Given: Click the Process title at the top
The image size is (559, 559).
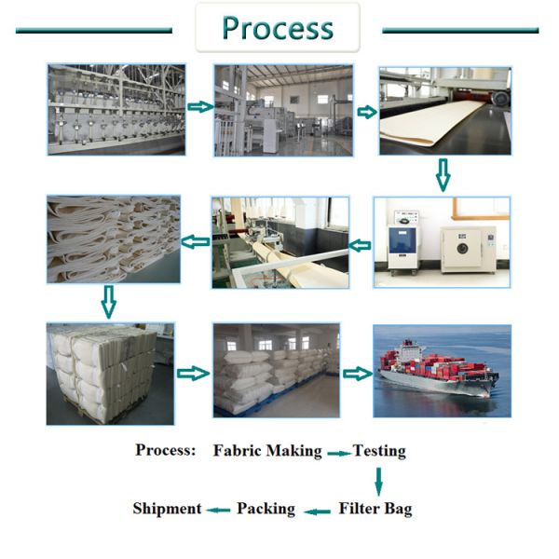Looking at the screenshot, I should pyautogui.click(x=277, y=28).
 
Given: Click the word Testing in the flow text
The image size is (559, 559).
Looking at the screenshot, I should pyautogui.click(x=379, y=451).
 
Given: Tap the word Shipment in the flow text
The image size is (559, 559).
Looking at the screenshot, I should pyautogui.click(x=167, y=509).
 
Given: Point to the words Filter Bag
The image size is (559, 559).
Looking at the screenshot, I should pyautogui.click(x=375, y=509).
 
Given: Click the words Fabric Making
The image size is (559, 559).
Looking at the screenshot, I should pyautogui.click(x=267, y=451).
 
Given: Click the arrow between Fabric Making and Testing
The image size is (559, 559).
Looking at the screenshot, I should pyautogui.click(x=337, y=452).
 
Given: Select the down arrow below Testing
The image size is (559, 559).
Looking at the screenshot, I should pyautogui.click(x=378, y=480).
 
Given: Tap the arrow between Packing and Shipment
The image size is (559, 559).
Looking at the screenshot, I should pyautogui.click(x=218, y=510).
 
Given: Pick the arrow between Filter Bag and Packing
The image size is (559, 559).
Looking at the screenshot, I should pyautogui.click(x=319, y=510).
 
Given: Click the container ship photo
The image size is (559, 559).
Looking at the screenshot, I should pyautogui.click(x=442, y=371).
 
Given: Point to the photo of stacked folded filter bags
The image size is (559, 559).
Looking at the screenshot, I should pyautogui.click(x=112, y=239).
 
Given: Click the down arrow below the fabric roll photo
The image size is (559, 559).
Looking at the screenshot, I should pyautogui.click(x=443, y=173).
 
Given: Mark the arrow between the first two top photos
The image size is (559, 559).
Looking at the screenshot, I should pyautogui.click(x=199, y=107).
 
